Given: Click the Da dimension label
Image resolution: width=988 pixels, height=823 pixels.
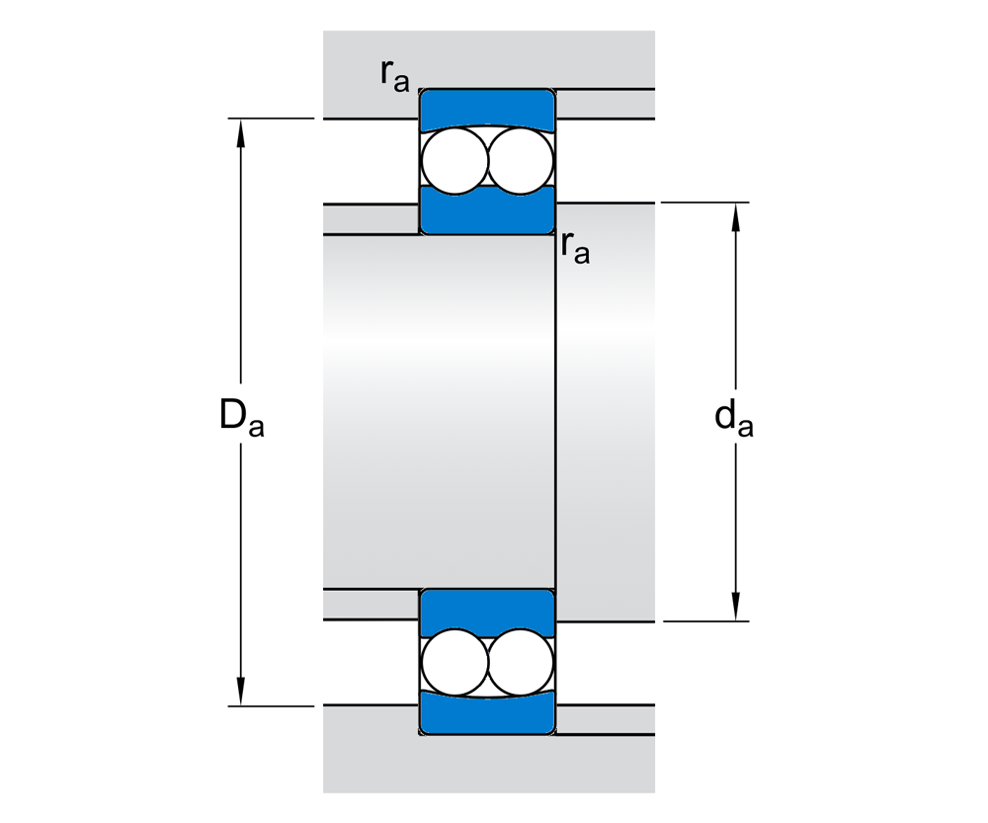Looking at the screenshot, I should (241, 419).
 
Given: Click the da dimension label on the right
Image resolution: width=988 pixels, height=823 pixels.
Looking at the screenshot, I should (734, 419).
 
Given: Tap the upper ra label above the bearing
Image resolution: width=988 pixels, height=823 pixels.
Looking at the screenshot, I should (394, 75).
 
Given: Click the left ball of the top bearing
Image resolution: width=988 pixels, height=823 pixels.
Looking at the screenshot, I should (454, 160).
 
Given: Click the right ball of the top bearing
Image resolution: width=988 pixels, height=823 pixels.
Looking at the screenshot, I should (520, 160).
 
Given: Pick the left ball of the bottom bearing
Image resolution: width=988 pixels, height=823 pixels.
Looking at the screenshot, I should (454, 663).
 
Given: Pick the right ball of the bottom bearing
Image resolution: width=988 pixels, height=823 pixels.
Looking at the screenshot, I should (520, 663).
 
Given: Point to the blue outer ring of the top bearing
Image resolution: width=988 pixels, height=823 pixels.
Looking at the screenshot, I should (486, 107).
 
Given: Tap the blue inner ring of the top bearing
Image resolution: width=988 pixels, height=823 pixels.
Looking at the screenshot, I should (486, 213).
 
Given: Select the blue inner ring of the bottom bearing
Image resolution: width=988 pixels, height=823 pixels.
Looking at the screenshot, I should (486, 611).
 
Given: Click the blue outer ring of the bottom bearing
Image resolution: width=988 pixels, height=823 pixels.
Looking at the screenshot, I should (486, 715).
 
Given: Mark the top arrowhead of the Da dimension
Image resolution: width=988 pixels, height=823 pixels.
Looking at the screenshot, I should (240, 129).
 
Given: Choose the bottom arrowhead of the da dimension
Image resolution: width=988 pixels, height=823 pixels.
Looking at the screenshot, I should (735, 610).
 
